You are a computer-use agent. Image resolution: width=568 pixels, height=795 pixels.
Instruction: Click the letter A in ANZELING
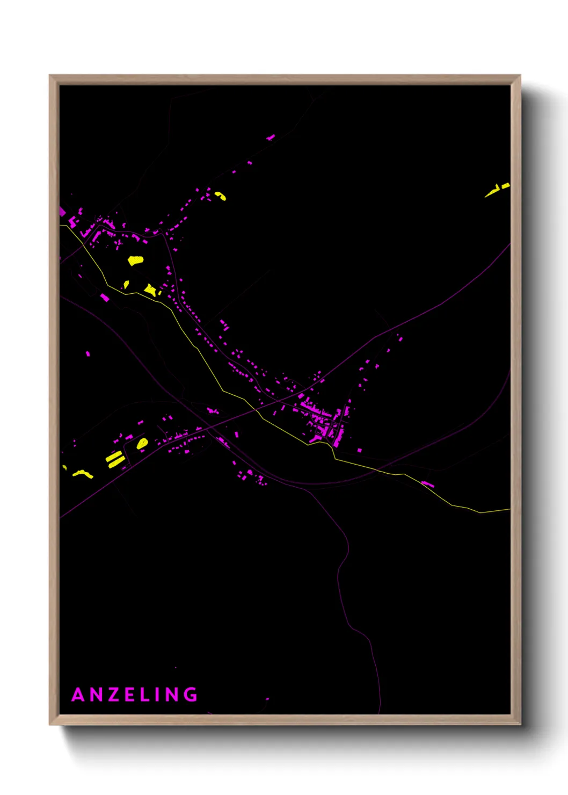click(78, 695)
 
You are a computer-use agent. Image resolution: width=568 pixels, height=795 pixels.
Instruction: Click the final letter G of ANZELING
click(191, 695)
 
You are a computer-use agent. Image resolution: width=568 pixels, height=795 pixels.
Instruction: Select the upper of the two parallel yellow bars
click(113, 456)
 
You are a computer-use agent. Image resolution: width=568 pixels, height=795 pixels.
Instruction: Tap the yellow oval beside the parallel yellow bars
click(142, 443)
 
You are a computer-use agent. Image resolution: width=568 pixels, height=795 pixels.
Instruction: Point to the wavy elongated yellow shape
click(83, 474)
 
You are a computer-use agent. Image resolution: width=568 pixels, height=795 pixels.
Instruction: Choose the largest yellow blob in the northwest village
click(135, 261)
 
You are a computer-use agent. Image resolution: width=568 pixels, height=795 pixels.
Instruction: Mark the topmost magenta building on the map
click(271, 138)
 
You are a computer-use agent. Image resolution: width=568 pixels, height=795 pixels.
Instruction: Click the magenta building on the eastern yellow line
click(427, 484)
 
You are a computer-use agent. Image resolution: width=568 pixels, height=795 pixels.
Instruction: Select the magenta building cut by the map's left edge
click(62, 211)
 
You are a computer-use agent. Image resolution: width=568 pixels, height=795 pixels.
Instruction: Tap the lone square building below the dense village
click(359, 450)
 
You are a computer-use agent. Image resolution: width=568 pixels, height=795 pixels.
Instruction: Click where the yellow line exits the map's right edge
click(509, 509)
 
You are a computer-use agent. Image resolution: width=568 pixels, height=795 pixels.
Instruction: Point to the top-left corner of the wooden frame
click(50, 76)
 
